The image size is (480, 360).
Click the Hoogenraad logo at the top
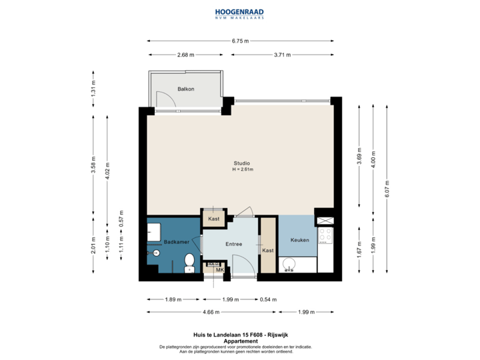[x=239, y=14]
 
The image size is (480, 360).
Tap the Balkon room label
[x=185, y=89]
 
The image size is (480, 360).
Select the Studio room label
[x=242, y=163]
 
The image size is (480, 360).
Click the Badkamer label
[x=175, y=243]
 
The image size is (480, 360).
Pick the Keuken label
[x=299, y=239]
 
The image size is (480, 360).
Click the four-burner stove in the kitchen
[x=326, y=235]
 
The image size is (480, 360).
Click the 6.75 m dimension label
[x=240, y=41]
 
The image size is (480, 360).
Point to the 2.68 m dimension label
[x=185, y=55]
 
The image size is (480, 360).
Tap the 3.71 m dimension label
[x=282, y=55]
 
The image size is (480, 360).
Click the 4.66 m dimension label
[x=211, y=311]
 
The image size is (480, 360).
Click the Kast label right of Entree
[x=268, y=251]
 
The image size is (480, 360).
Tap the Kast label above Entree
[x=214, y=219]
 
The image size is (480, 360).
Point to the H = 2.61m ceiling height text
[x=243, y=169]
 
